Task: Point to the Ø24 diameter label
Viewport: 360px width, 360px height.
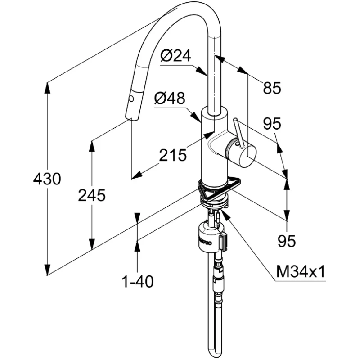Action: [x=176, y=56]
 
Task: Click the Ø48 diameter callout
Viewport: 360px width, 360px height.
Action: [x=170, y=99]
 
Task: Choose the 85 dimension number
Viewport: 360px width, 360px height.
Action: [x=272, y=88]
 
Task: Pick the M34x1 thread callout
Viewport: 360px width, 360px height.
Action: [x=300, y=272]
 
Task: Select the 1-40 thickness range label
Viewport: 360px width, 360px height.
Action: [x=138, y=282]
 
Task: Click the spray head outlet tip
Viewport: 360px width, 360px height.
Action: [x=130, y=118]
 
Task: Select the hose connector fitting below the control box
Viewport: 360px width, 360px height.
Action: [x=218, y=270]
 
